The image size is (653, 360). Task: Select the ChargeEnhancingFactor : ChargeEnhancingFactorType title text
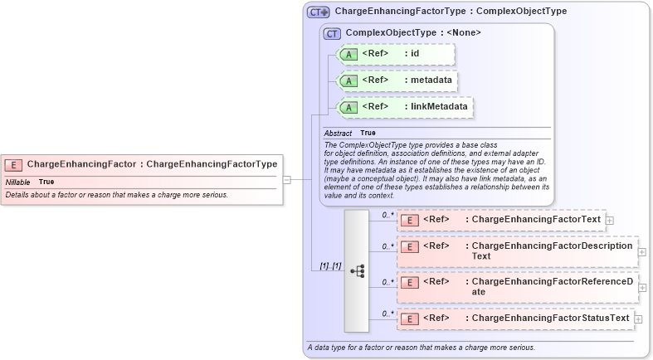point(152,164)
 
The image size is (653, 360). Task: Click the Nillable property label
point(17,182)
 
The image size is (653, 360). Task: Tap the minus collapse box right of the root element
point(286,178)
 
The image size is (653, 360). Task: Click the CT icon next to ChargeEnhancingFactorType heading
point(319,12)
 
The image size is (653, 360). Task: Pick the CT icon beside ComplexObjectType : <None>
point(333,33)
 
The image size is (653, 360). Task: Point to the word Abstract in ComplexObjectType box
point(338,133)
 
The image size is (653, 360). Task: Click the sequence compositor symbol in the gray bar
point(357,271)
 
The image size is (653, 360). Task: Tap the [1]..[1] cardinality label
point(330,266)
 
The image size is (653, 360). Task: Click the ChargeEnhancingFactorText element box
point(501,220)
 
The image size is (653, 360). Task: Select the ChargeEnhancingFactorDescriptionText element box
point(519,251)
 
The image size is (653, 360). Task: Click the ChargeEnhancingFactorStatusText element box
point(515,319)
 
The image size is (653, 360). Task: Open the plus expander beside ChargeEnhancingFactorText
point(610,221)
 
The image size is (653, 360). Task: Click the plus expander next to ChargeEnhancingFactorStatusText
point(638,319)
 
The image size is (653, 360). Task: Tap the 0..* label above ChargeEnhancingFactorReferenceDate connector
point(387,281)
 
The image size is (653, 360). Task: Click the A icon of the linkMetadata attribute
point(349,107)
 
